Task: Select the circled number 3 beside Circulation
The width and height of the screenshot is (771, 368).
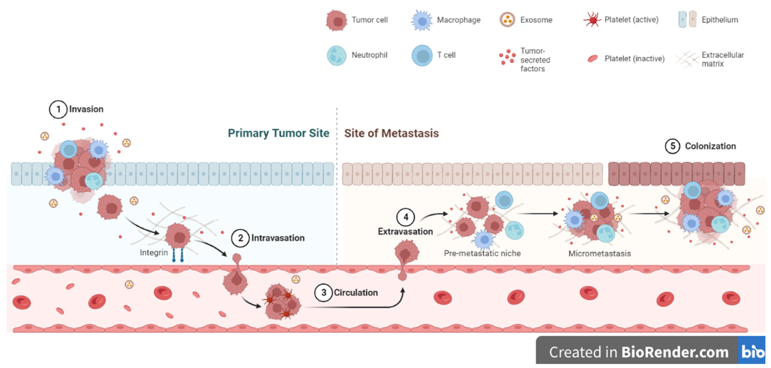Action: [324, 293]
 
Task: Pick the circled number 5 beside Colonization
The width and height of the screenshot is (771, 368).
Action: [673, 146]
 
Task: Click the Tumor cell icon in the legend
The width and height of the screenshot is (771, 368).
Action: [337, 20]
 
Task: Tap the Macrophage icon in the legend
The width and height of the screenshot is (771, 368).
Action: [422, 20]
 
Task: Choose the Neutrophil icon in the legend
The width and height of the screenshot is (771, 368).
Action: [337, 55]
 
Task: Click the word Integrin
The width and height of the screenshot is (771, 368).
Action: [154, 253]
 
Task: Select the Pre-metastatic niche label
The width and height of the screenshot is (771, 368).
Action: [482, 253]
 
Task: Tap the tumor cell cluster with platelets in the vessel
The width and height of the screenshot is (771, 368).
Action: [281, 302]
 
